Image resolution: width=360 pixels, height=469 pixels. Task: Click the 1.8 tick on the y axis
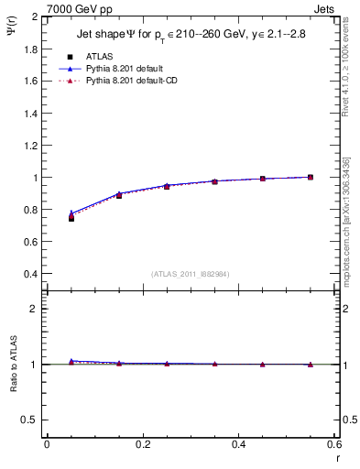point(29,49)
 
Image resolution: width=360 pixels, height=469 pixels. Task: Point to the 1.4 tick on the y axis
point(29,113)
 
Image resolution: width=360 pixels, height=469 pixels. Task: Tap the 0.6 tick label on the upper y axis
point(29,242)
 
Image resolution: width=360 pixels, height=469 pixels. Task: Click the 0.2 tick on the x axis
point(142,444)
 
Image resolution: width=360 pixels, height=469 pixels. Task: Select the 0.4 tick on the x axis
point(238,444)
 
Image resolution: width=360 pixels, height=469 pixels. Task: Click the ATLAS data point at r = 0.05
point(71,218)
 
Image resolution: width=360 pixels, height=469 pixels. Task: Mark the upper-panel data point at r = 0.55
point(311,177)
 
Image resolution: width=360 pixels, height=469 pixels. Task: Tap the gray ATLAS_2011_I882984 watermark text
point(191,274)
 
